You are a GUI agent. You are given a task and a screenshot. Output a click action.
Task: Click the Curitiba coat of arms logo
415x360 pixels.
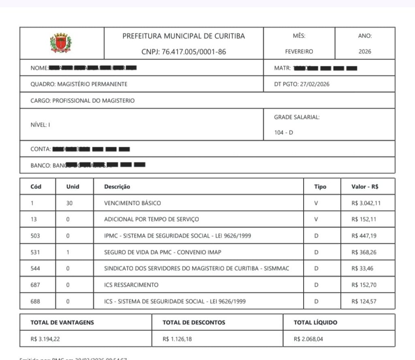coord(61,43)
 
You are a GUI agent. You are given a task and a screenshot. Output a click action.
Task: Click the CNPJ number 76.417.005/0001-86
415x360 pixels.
coord(184,52)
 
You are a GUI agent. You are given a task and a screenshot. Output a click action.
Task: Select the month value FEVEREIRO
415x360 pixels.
coord(299,52)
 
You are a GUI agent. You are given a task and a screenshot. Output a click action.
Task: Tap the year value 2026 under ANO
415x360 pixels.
coord(365,52)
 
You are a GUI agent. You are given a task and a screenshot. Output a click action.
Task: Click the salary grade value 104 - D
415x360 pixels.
coord(284,132)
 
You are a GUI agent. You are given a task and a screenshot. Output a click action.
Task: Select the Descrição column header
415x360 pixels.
coord(117,187)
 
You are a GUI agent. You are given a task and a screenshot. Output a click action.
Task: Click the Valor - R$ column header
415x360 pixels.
coord(365,187)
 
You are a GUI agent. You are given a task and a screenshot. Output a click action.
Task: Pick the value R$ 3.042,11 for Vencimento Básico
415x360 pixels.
coord(366,203)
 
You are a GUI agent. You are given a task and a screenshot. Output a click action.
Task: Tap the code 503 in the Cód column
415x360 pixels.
coord(35,236)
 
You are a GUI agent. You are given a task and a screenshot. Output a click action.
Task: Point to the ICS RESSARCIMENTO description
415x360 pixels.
coord(131,285)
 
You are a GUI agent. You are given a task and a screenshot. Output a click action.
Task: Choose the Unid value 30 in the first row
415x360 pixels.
coord(69,203)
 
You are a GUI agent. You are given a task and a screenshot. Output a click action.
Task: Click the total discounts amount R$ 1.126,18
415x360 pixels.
coord(177,339)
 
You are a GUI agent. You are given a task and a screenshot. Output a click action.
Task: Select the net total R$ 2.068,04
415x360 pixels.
coord(308,339)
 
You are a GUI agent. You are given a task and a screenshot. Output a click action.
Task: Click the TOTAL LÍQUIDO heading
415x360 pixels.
coord(315,323)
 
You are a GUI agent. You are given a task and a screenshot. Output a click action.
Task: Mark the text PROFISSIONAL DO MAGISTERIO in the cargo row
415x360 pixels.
coord(93,100)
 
